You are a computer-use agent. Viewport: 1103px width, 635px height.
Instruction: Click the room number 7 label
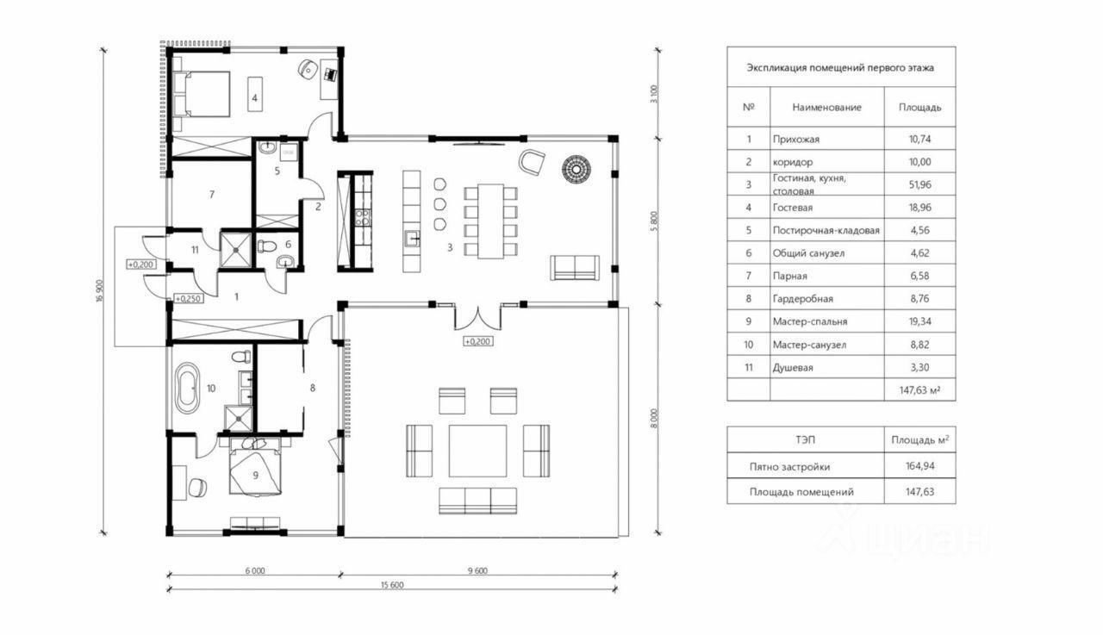pos(212,195)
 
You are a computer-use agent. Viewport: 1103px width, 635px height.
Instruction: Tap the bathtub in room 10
pos(188,388)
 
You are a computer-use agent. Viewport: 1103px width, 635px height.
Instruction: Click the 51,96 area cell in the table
pos(919,184)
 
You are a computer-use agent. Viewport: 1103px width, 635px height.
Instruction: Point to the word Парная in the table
pos(790,277)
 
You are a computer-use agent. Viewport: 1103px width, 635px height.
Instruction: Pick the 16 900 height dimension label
pos(100,291)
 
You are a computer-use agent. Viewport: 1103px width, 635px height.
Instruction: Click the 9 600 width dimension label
pos(477,571)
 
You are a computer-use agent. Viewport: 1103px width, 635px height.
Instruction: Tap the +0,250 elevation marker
pos(189,299)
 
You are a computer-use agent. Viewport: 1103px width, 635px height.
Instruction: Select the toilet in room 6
pos(266,246)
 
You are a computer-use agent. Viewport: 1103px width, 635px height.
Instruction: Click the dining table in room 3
pos(490,221)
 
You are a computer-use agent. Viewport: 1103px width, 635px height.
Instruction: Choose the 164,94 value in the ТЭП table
pos(919,465)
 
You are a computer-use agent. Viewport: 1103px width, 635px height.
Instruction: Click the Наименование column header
pos(826,108)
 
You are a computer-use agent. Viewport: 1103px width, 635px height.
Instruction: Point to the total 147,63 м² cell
pos(919,390)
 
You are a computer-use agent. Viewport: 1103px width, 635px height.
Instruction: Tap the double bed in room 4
pos(202,94)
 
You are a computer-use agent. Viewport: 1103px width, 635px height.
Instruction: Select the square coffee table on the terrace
pos(477,451)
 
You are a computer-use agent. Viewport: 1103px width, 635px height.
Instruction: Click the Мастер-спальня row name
pos(810,322)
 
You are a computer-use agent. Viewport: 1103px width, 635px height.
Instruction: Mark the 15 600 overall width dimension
pos(392,585)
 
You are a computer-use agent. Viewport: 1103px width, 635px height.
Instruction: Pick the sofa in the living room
pos(575,268)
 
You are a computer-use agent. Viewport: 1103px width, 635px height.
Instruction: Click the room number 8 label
pos(313,389)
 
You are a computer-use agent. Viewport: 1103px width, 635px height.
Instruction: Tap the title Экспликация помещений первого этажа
pos(840,68)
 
